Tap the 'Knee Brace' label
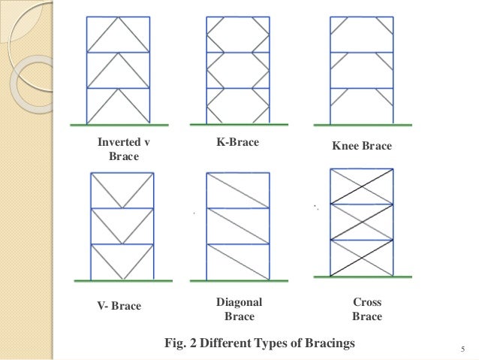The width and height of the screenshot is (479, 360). tap(362, 147)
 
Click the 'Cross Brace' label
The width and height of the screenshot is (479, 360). tap(366, 309)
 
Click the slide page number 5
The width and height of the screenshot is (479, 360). tap(463, 348)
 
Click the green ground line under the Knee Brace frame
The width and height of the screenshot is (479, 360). tap(361, 124)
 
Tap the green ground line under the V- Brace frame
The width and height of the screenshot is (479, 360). tap(120, 280)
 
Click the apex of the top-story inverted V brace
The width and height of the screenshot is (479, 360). tap(119, 17)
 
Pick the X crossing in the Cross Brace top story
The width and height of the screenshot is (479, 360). tap(362, 186)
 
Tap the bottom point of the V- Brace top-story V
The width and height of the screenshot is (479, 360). tap(120, 208)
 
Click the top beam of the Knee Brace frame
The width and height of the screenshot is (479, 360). tap(361, 17)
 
